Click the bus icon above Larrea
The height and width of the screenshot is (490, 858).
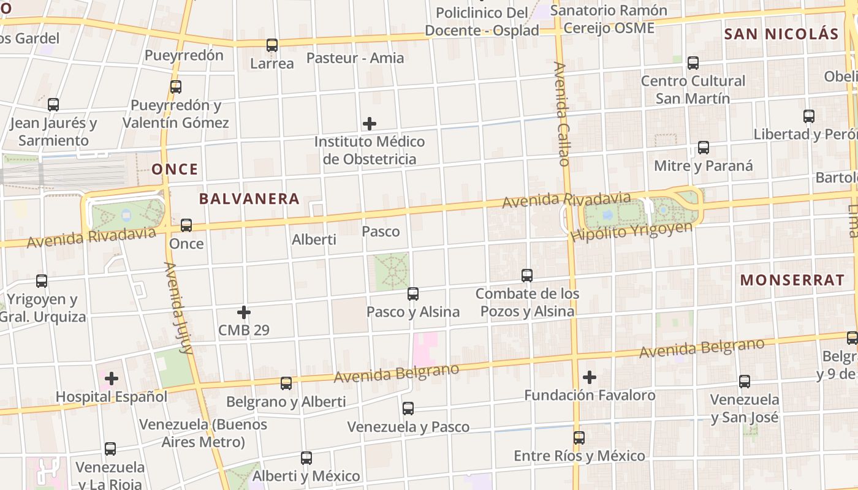[x=272, y=45]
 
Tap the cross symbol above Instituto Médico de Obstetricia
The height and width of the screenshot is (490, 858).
[x=370, y=124]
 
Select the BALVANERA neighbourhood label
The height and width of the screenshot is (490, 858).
[x=249, y=198]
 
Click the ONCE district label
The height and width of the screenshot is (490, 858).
[x=175, y=169]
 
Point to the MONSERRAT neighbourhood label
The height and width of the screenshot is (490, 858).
[x=792, y=281]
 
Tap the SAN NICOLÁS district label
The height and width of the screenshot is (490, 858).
[x=781, y=34]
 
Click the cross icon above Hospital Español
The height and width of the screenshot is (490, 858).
[x=112, y=379]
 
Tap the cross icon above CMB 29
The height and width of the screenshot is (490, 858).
[x=244, y=312]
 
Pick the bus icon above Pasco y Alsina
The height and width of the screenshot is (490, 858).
[x=413, y=294]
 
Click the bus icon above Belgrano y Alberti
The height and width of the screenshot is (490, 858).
[x=286, y=383]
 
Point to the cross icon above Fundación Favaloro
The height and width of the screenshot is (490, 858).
[x=590, y=377]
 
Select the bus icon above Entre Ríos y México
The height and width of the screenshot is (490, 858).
[x=579, y=438]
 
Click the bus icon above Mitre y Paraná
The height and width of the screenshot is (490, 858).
[x=704, y=148]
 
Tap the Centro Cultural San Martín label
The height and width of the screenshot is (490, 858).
[x=693, y=89]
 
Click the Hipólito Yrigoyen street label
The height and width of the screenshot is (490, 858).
[x=631, y=231]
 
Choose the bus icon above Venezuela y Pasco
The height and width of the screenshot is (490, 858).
[x=408, y=409]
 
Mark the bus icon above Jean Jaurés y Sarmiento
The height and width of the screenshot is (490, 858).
[x=53, y=105]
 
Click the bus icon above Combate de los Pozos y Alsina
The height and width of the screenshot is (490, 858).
[x=527, y=276]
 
